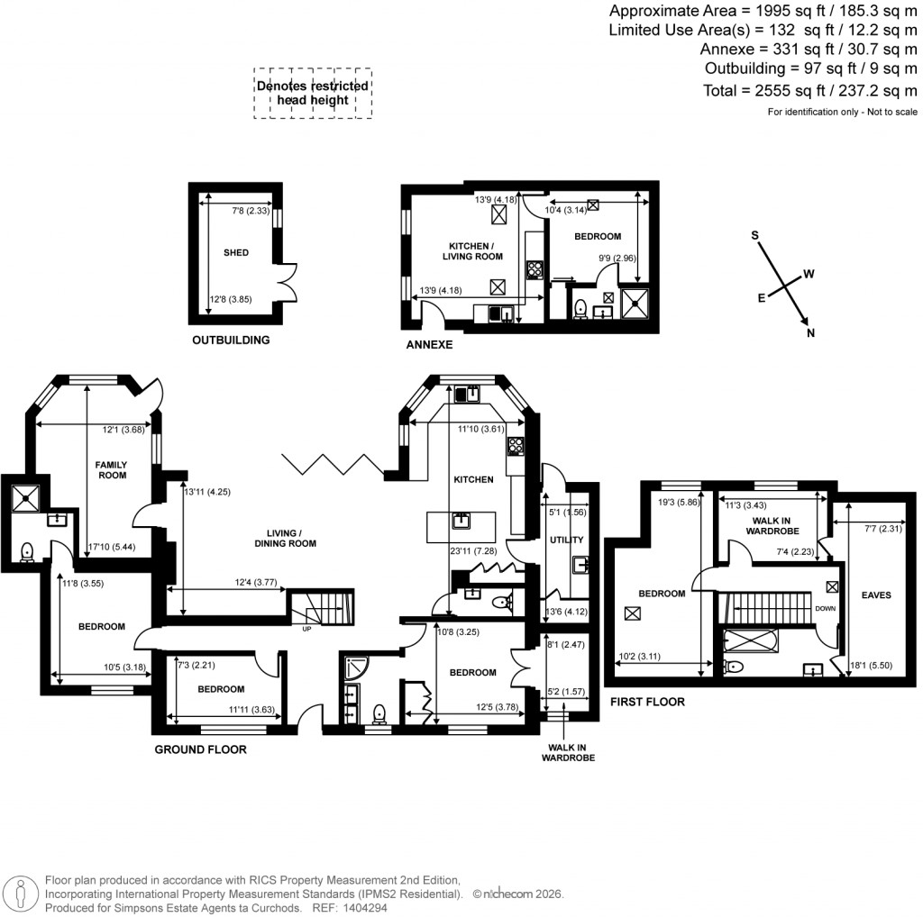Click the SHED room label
click(x=236, y=253)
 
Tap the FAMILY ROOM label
click(x=112, y=469)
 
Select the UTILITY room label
click(x=567, y=540)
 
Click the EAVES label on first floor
click(x=875, y=595)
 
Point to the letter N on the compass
click(x=811, y=334)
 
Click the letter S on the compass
click(x=755, y=235)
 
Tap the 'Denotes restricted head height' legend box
click(x=313, y=93)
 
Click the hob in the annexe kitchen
click(x=533, y=268)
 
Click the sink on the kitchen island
click(x=461, y=520)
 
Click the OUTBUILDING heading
click(x=231, y=340)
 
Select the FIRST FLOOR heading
click(x=647, y=701)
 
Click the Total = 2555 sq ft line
click(x=809, y=91)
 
